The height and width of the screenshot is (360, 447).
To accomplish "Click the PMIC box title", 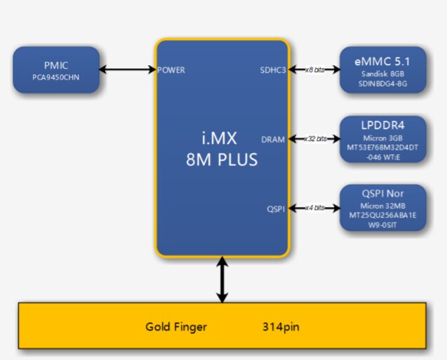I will point(56,65).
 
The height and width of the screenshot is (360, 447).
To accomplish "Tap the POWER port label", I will point(172,69).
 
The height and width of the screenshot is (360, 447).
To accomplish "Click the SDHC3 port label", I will point(273,69).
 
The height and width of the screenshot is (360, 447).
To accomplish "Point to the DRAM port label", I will point(273,139).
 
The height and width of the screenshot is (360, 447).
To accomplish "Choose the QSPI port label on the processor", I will point(276,208).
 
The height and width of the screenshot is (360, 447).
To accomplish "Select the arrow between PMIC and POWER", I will point(128,69).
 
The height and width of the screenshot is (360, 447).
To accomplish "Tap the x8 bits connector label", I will point(315,69).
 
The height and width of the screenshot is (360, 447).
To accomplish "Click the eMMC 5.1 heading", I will point(382,61).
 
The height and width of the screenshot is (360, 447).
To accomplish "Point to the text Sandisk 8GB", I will point(382,73).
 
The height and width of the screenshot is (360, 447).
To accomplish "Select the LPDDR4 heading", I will point(382,126).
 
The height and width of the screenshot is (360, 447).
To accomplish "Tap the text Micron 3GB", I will point(382,138).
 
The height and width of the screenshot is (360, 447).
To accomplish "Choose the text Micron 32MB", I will point(382,206).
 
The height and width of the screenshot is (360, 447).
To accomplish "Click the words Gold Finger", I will point(176,327).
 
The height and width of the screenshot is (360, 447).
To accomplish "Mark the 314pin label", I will point(281,327).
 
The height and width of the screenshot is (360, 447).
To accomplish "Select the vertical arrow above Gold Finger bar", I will point(222,280).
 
